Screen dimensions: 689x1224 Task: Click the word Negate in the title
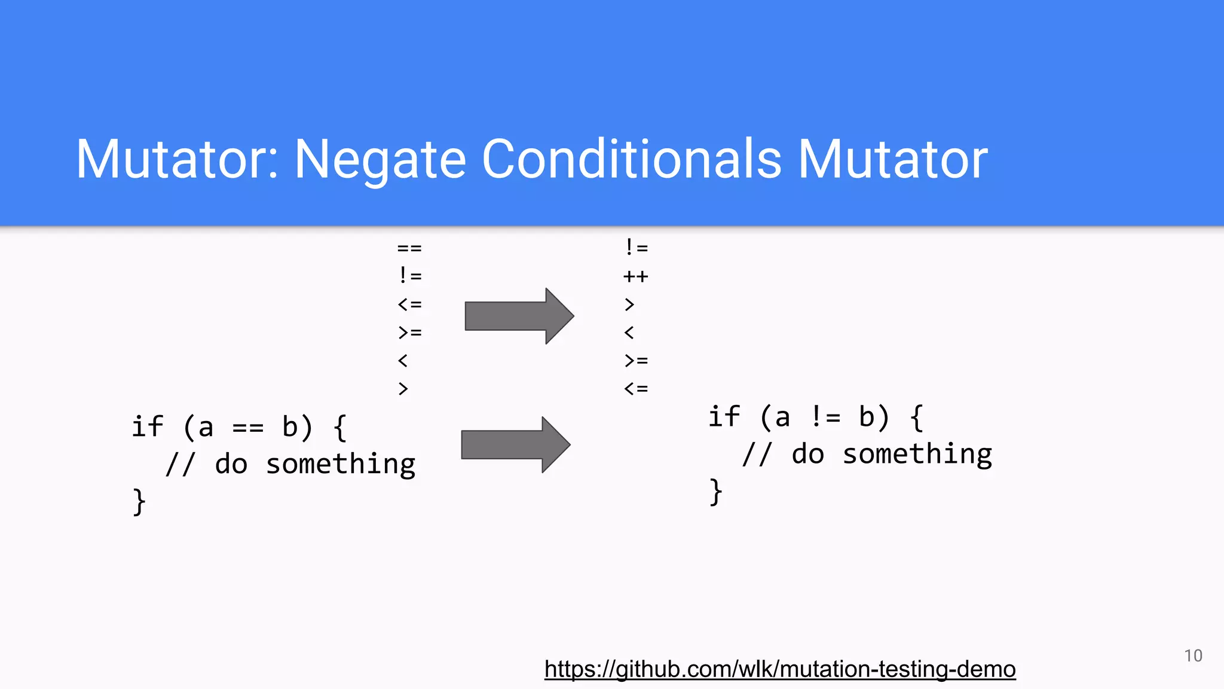380,160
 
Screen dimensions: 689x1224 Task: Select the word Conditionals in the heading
632,160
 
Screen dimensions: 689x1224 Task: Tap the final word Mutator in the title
893,160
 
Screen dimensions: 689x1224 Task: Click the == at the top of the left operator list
409,248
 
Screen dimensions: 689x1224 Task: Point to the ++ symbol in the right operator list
635,276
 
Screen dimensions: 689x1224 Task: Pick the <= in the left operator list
409,304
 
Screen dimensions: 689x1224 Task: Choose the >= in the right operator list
636,361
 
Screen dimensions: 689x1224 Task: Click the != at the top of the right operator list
636,247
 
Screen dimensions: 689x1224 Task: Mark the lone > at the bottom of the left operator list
403,389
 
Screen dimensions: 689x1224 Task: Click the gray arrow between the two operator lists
519,316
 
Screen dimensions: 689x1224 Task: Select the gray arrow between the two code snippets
515,444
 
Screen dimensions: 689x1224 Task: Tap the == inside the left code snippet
247,428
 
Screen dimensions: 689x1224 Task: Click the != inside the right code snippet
825,417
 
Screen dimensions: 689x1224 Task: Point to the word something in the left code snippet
340,465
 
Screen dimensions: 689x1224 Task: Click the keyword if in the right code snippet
724,416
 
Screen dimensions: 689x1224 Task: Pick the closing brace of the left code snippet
139,501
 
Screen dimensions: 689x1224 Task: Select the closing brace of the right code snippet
715,492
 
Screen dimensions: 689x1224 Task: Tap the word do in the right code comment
807,455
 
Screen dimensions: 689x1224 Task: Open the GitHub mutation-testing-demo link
779,669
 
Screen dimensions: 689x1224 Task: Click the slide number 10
1193,656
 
